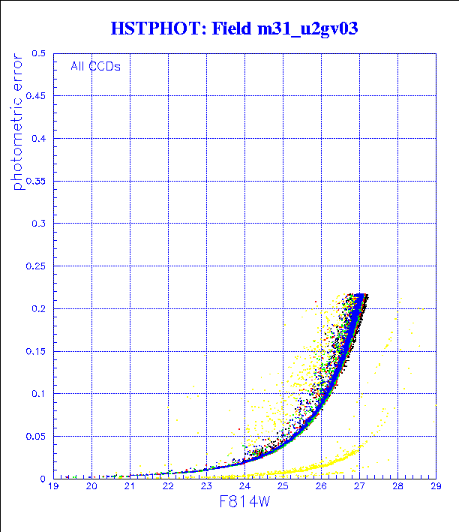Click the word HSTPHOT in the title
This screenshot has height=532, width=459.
(154, 29)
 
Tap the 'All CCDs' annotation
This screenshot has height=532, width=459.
(95, 66)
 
